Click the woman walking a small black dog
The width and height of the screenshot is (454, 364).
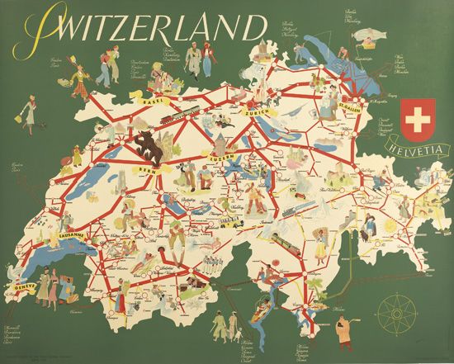coord(30,111)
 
